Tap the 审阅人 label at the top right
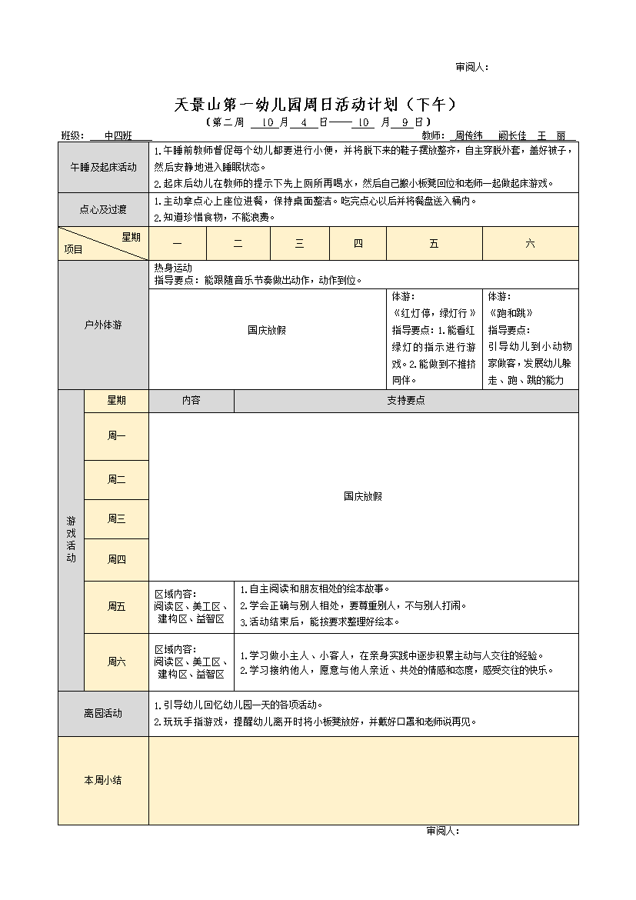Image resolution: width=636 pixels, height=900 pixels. click(x=471, y=67)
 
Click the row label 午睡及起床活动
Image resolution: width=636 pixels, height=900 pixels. click(x=103, y=167)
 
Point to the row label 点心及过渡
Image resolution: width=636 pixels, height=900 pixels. click(x=103, y=209)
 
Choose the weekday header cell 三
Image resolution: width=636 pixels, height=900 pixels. click(x=299, y=243)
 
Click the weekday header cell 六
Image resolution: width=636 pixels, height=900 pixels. click(x=530, y=243)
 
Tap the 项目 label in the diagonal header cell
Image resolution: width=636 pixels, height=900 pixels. click(x=74, y=249)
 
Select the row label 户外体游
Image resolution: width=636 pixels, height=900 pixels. click(x=103, y=325)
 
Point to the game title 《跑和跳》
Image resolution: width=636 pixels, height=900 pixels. click(x=511, y=313)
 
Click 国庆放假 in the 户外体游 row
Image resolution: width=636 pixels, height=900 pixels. click(x=267, y=330)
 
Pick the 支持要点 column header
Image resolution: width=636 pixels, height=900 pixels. click(x=405, y=401)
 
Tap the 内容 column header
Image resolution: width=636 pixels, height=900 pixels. click(x=191, y=401)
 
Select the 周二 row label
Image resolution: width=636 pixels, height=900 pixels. click(x=116, y=480)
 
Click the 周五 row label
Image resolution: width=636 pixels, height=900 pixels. click(x=116, y=607)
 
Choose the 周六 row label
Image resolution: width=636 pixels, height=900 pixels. click(x=116, y=662)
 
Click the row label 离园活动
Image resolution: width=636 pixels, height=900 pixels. click(x=103, y=713)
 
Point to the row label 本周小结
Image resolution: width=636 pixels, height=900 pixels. click(x=103, y=780)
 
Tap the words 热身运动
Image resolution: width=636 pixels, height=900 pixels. click(x=173, y=268)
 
